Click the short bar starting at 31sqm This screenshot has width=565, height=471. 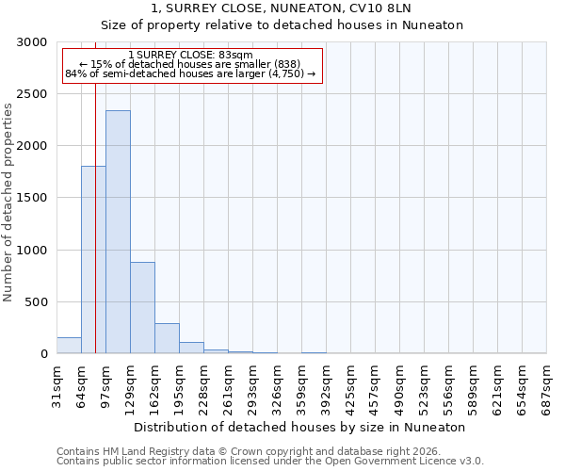click(69, 346)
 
